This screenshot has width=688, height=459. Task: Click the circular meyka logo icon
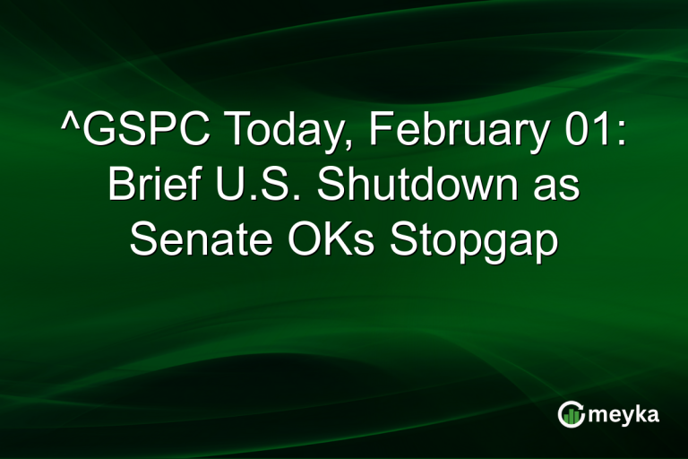pos(572,413)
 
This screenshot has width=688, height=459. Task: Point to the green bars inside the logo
pos(572,415)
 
